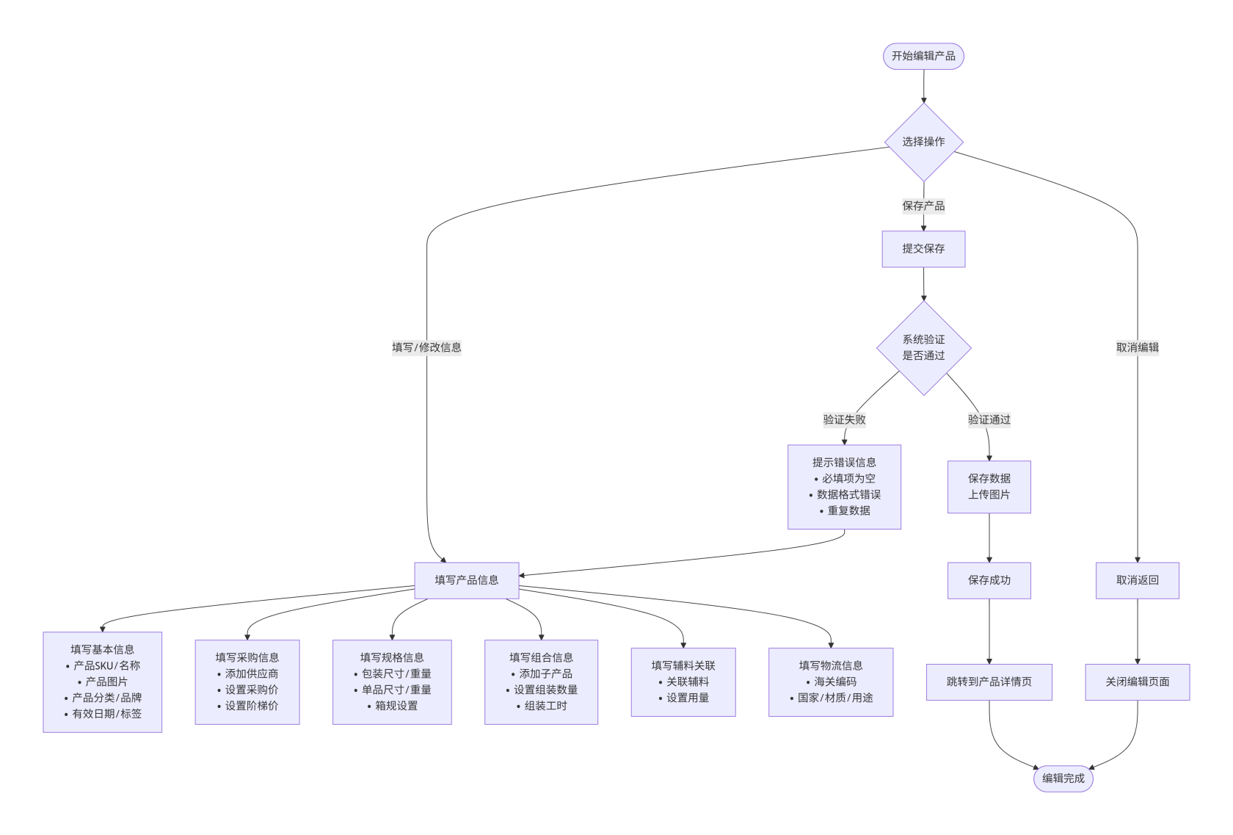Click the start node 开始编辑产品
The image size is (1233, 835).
923,57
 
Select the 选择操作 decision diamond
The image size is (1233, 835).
923,142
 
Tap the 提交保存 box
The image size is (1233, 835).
923,249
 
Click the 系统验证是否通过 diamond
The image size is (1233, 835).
923,347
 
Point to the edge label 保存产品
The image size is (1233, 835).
923,206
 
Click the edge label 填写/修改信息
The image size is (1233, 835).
426,347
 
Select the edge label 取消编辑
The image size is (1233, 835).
1137,347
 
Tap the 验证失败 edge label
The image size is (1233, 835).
844,419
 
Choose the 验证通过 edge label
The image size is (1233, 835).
989,419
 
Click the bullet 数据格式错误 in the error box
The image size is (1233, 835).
848,494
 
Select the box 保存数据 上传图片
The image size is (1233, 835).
989,486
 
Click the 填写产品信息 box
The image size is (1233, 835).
467,580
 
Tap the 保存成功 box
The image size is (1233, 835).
989,580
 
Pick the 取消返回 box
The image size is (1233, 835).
1137,580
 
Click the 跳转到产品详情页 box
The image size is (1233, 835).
989,682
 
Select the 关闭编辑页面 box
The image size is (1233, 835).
1137,682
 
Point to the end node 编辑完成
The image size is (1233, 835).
1063,778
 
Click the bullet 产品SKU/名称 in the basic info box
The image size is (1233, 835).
106,665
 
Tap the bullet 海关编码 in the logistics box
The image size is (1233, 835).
835,682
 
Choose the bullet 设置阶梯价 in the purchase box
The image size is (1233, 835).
252,706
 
